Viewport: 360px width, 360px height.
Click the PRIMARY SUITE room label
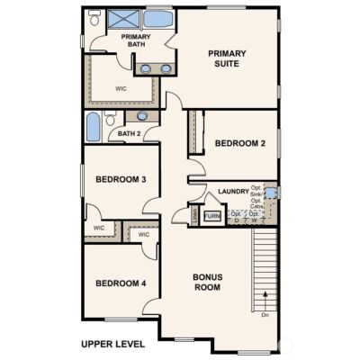pos(227,58)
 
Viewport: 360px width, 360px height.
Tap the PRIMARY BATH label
pos(136,41)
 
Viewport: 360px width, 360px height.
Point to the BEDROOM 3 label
pos(121,179)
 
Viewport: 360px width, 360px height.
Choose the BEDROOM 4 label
pos(121,284)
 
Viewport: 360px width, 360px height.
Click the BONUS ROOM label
pos(207,282)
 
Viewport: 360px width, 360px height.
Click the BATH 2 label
pos(129,134)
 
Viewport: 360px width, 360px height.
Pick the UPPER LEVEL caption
pos(112,344)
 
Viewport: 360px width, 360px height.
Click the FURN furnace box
pos(212,216)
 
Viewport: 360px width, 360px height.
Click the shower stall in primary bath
pos(123,19)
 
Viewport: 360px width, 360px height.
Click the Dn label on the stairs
pos(265,315)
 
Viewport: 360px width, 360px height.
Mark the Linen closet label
pos(194,216)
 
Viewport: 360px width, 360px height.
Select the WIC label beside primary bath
pos(121,89)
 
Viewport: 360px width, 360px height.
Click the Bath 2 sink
pos(142,116)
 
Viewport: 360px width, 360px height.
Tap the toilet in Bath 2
pos(110,119)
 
